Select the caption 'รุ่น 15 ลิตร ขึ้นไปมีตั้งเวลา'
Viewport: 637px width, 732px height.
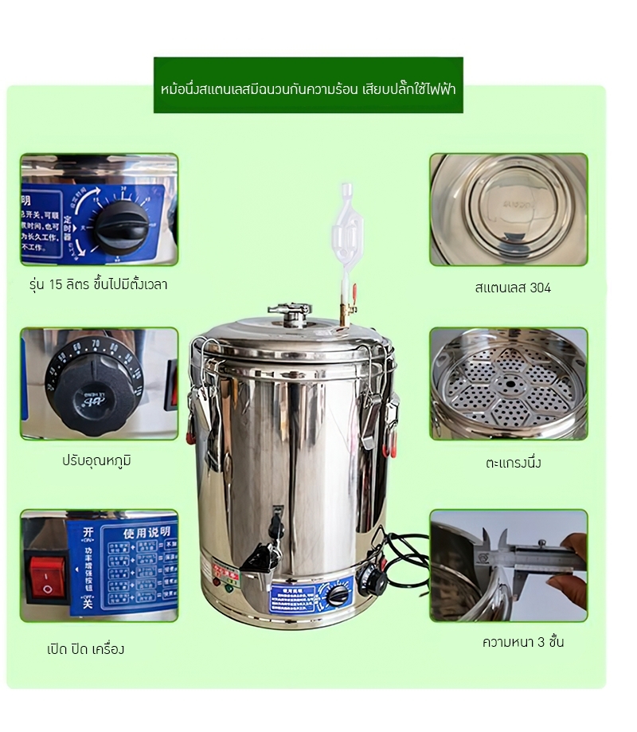coord(98,284)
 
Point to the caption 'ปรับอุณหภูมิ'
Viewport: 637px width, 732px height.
coord(96,460)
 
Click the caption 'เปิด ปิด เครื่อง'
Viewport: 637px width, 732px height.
coord(85,648)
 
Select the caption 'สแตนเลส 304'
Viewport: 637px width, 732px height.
coord(512,288)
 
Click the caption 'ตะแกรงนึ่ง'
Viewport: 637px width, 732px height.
coord(513,462)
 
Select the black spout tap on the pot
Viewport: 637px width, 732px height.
coord(272,542)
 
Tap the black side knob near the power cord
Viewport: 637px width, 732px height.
coord(371,579)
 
